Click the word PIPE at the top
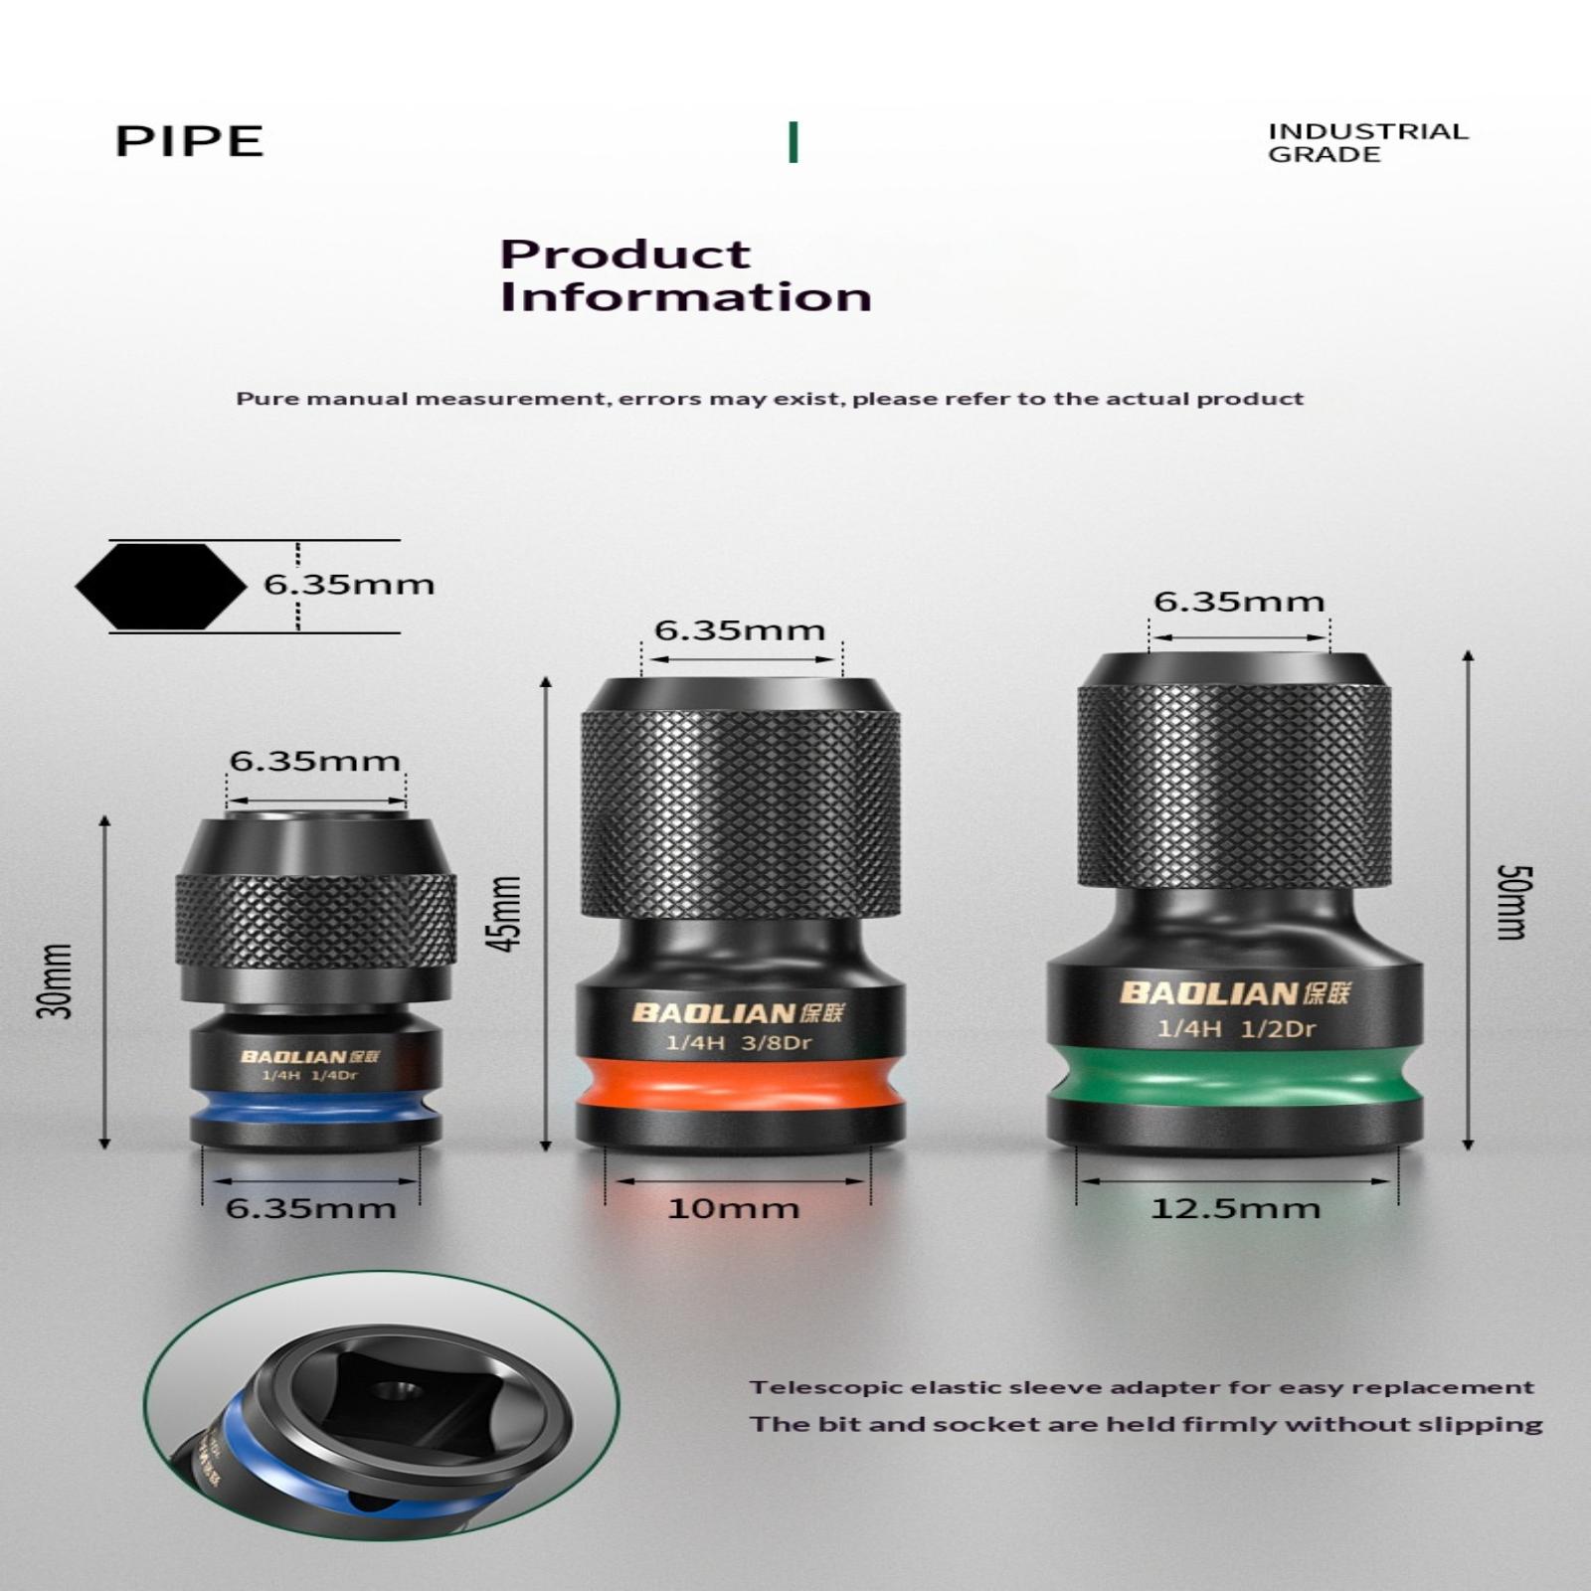tap(189, 141)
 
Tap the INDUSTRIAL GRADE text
tap(1367, 142)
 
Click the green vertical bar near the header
tap(793, 141)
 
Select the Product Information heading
tap(685, 276)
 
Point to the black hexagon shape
tap(161, 587)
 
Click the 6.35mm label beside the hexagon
tap(349, 584)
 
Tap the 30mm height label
tap(56, 980)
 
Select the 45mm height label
tap(506, 913)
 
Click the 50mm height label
tap(1513, 903)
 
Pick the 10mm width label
tap(733, 1209)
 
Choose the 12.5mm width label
tap(1235, 1209)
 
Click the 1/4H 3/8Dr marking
tap(739, 1043)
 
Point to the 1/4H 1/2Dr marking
tap(1236, 1028)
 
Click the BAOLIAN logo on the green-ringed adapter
tap(1235, 993)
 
